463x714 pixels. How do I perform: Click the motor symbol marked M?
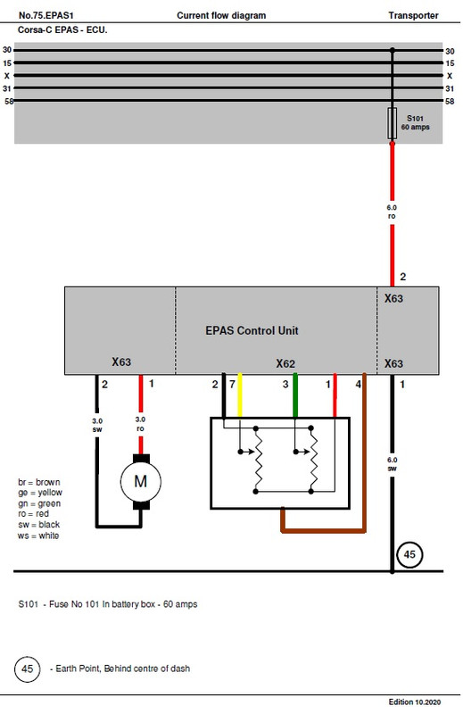pyautogui.click(x=139, y=482)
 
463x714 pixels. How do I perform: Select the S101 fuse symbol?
pyautogui.click(x=392, y=123)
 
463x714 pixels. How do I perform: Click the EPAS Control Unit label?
pyautogui.click(x=252, y=330)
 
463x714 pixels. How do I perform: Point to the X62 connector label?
pyautogui.click(x=285, y=363)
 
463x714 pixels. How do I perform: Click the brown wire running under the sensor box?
pyautogui.click(x=322, y=530)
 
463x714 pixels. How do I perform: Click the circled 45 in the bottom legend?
pyautogui.click(x=29, y=668)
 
